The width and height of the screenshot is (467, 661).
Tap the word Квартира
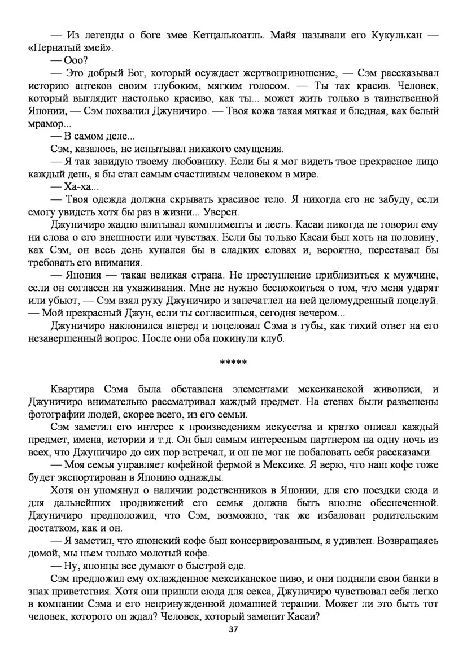pyautogui.click(x=74, y=389)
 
